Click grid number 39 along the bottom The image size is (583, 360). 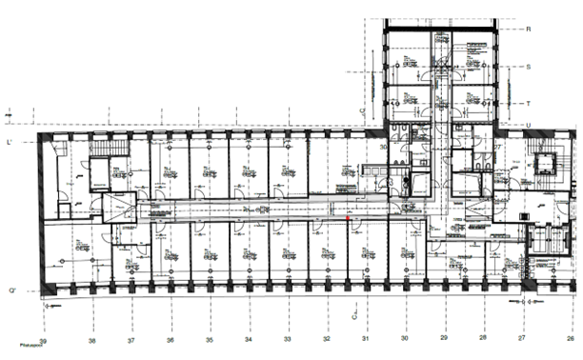[x=44, y=339]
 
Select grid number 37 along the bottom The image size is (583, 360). [x=131, y=339]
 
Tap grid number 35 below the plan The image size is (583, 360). [x=209, y=339]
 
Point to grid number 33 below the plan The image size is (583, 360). [x=287, y=339]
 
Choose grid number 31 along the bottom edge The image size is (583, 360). [x=365, y=339]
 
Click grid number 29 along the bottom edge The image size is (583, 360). [x=443, y=339]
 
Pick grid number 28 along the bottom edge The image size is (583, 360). [x=482, y=339]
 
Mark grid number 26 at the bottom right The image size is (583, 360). [x=571, y=339]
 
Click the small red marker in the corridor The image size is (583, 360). [x=349, y=218]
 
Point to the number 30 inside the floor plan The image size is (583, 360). [x=386, y=148]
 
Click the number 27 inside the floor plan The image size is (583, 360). [x=496, y=148]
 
